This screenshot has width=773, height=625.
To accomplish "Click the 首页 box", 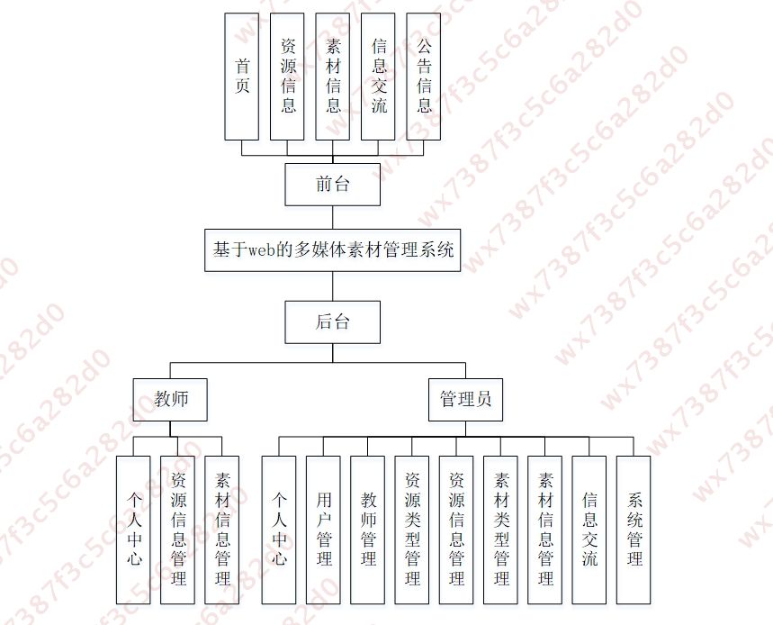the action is tap(241, 77).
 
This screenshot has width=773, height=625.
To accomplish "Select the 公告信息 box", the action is tap(424, 77).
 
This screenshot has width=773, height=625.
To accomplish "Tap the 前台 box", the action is tap(332, 184).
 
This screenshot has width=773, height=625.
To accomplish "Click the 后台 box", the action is tap(332, 322).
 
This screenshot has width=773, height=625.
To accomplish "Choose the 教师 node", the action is tap(171, 399).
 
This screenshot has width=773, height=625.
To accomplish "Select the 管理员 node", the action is tap(465, 399).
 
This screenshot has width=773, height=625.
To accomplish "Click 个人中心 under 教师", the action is tap(134, 530).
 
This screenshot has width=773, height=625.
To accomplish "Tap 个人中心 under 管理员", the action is tap(279, 530).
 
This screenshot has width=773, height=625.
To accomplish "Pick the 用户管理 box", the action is tap(323, 530).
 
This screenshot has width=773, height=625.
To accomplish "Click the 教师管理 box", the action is tap(367, 530).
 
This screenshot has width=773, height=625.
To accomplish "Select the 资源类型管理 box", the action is tap(412, 530).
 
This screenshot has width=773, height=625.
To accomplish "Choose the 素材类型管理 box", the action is tap(501, 530).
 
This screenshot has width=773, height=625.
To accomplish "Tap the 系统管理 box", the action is tap(634, 530).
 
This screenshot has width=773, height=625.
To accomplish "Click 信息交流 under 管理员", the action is tap(589, 530).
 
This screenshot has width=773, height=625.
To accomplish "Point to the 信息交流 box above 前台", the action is tap(378, 77).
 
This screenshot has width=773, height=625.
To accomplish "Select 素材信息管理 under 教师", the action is tap(223, 530).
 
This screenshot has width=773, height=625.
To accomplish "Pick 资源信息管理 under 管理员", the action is tap(456, 530).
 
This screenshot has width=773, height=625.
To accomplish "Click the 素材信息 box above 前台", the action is tap(333, 77).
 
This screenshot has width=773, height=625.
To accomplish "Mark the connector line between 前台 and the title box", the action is tap(332, 217).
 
